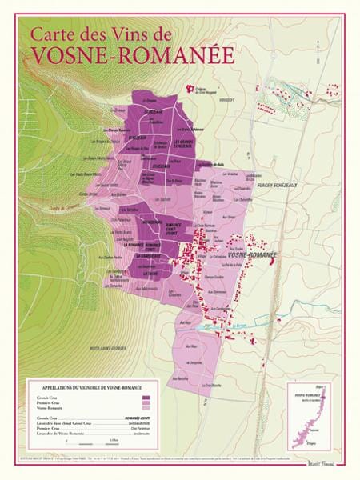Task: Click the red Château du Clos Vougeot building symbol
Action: coord(191,90)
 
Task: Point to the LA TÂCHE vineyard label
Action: coord(150,274)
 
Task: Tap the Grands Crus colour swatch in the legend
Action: coord(145,396)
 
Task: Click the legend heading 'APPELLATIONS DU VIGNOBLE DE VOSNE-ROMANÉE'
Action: coord(89,385)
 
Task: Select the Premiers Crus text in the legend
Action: coord(50,402)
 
